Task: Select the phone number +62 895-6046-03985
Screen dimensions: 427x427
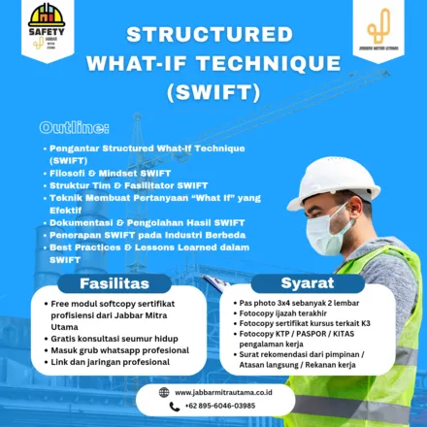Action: [214, 406]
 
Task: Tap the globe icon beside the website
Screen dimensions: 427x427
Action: [163, 392]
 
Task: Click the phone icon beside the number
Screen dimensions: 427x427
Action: [163, 406]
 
